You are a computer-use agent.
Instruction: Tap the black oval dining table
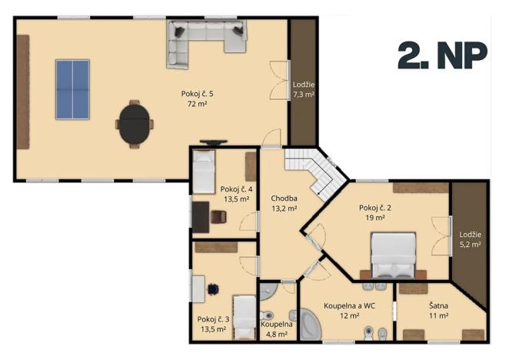point(134,124)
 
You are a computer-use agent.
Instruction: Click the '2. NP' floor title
point(442,55)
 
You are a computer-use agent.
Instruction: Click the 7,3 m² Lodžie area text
point(304,95)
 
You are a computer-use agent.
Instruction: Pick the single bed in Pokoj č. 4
point(203,172)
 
